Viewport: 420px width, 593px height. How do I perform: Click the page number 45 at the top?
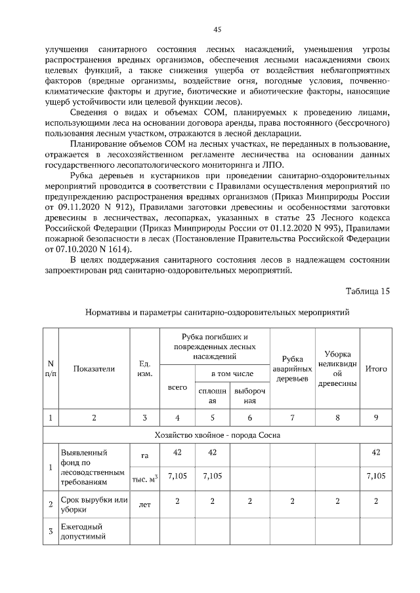217,29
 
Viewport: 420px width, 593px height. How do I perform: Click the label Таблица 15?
367,291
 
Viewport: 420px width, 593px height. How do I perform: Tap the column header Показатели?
94,368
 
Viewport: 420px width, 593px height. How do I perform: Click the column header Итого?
375,368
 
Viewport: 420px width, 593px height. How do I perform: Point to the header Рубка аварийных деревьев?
292,368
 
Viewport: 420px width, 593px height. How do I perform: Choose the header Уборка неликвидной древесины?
337,368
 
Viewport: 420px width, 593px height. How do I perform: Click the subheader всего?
177,387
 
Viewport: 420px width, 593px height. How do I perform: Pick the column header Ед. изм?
145,368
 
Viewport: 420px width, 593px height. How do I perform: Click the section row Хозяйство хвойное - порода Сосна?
217,433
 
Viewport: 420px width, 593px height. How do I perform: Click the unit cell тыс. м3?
145,478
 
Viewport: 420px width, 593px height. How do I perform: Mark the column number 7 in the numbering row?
292,417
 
